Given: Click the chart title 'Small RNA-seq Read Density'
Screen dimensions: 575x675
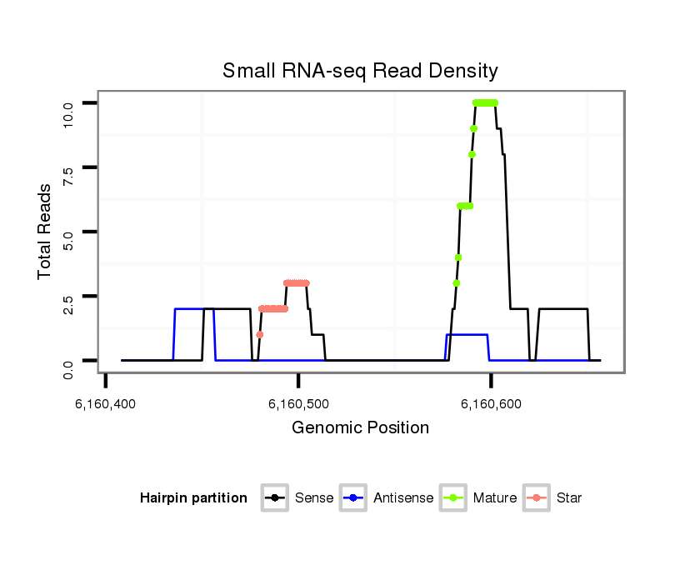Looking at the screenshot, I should pyautogui.click(x=360, y=71).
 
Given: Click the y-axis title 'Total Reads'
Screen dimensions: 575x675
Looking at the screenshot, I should pyautogui.click(x=46, y=232).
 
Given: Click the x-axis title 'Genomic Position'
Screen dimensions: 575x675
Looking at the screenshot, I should pyautogui.click(x=360, y=428).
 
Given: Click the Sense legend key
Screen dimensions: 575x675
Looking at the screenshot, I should pyautogui.click(x=275, y=498).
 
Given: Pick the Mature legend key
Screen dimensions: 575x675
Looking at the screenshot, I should pyautogui.click(x=454, y=498).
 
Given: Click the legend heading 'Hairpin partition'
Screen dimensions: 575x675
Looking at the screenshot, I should pyautogui.click(x=193, y=498).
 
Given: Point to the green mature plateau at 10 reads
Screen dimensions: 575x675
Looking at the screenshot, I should pyautogui.click(x=485, y=102).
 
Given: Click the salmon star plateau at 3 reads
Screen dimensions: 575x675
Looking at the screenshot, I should pyautogui.click(x=297, y=283).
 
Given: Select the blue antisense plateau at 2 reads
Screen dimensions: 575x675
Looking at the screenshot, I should pyautogui.click(x=188, y=309).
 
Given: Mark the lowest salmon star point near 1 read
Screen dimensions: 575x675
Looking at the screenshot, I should pyautogui.click(x=260, y=334).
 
